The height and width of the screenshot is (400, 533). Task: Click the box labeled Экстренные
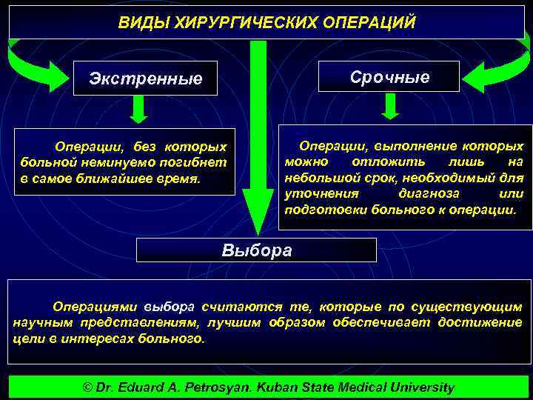[145, 78]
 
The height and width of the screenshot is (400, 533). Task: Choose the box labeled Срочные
[389, 76]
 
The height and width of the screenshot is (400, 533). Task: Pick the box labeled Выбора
[257, 250]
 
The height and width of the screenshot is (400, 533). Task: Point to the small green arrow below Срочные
[392, 107]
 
